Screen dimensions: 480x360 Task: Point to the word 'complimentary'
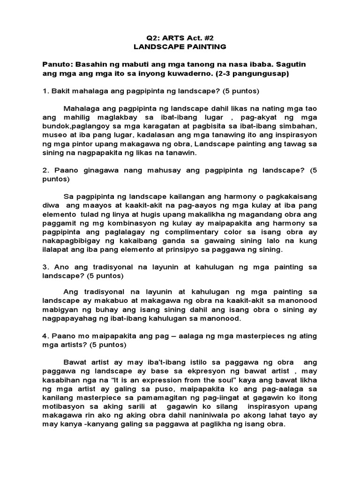pos(202,232)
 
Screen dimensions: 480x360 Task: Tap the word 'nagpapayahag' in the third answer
pos(71,319)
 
